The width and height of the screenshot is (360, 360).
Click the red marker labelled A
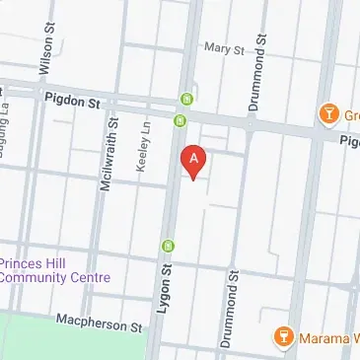[x=194, y=161]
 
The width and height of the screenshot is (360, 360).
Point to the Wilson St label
[x=44, y=52]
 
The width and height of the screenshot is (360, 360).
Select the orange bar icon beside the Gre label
[x=328, y=114]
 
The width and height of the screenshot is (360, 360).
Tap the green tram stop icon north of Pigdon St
[x=187, y=99]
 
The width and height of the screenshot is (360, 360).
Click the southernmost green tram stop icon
[x=169, y=245]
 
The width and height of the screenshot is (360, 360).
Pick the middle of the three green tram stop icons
[x=180, y=121]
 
